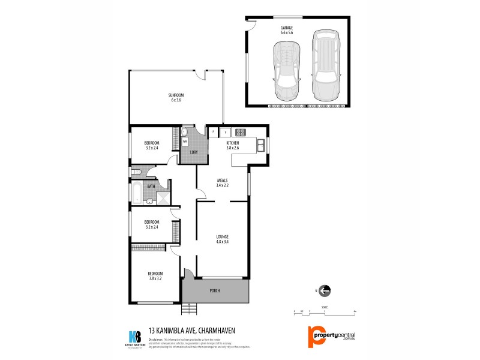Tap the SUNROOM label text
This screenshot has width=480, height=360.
pos(175,95)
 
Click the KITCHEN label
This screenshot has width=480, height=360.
pos(233,143)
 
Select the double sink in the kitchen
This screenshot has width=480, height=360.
pos(262,145)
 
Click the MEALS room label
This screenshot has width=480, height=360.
pos(223,180)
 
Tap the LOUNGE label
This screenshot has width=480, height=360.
pos(223,237)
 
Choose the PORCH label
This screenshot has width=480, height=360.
pos(215,291)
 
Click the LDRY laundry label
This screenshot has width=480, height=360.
pos(194,152)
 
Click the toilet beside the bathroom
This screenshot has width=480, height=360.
pos(136,172)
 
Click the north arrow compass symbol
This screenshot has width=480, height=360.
pos(324,291)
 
